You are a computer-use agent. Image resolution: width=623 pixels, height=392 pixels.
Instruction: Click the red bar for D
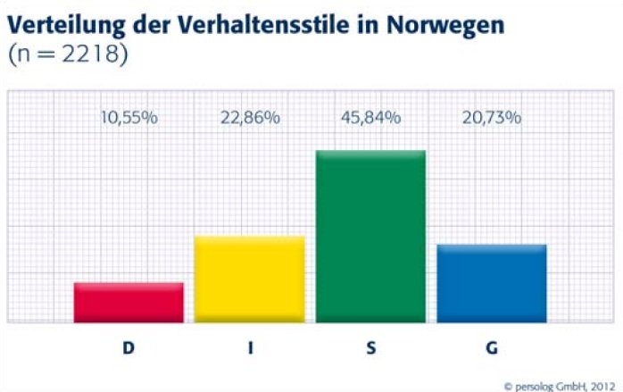point(129,302)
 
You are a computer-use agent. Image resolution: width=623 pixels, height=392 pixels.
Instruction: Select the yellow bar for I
point(249,279)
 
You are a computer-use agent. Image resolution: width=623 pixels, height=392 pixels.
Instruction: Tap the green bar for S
point(370,236)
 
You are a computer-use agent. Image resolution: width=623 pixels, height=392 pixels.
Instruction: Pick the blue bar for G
point(491,282)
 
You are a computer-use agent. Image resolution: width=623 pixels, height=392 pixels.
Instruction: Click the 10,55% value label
point(129,118)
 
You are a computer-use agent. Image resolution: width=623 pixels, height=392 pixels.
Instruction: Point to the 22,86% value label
point(250,118)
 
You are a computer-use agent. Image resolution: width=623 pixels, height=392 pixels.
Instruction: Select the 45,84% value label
point(370,118)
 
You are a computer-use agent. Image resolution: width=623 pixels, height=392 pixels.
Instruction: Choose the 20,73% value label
point(491,118)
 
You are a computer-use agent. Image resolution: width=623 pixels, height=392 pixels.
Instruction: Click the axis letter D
point(129,348)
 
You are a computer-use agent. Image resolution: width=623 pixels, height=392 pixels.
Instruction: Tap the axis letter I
point(251,348)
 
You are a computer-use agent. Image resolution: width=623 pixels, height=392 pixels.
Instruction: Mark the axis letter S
point(370,348)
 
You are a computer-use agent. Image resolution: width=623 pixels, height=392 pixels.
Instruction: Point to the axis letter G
point(491,348)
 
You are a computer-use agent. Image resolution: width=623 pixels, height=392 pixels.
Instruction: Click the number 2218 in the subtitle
point(90,55)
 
